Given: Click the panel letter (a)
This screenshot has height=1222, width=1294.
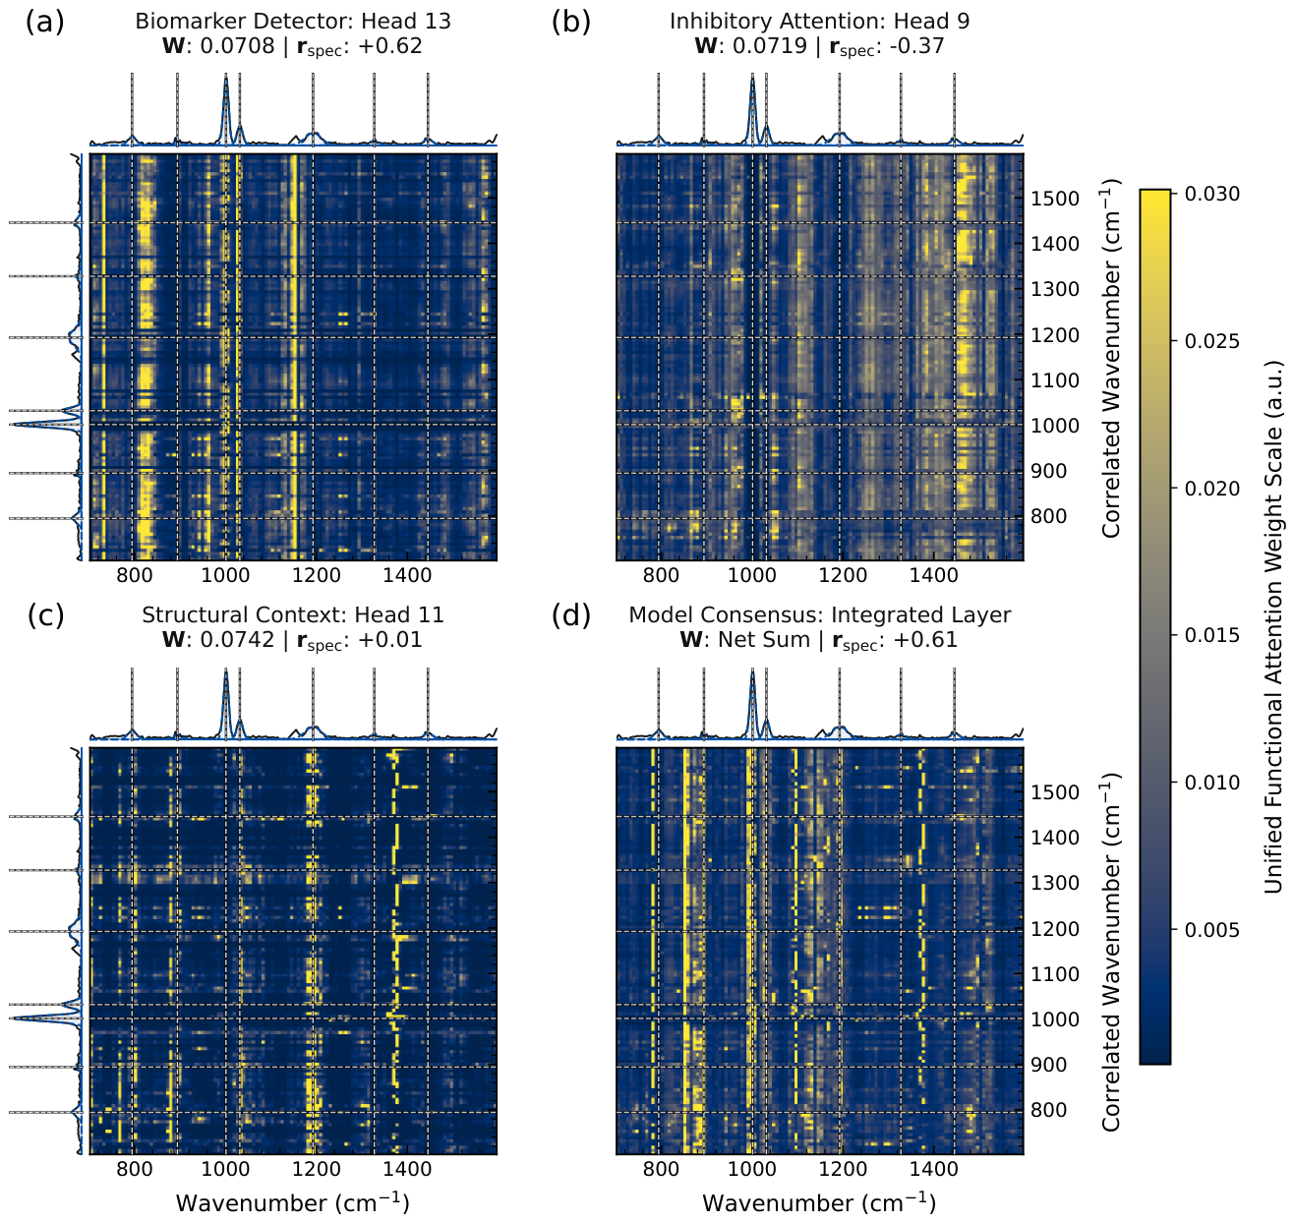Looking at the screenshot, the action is coord(45,23).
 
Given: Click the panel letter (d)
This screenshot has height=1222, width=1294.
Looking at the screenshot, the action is coord(570,615).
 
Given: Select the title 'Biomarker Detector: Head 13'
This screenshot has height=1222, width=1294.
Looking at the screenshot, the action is coord(293,22).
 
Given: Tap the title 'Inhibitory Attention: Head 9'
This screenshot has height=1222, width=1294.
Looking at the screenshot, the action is coord(819,22).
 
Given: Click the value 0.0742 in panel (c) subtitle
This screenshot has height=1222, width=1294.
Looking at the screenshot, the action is coord(237,640).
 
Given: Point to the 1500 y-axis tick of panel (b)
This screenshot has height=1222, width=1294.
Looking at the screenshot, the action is coord(1055,199).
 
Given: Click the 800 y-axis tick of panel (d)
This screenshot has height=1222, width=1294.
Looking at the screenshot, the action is coord(1049,1109).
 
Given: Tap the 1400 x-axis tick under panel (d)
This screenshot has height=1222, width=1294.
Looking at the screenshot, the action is coord(934,1169).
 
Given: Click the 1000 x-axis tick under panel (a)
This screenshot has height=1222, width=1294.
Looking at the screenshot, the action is coord(225,575).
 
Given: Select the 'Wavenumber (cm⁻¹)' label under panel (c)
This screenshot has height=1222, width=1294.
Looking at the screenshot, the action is coord(293,1203).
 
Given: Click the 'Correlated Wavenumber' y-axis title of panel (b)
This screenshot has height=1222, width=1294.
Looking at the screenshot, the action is coord(1110,358).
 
